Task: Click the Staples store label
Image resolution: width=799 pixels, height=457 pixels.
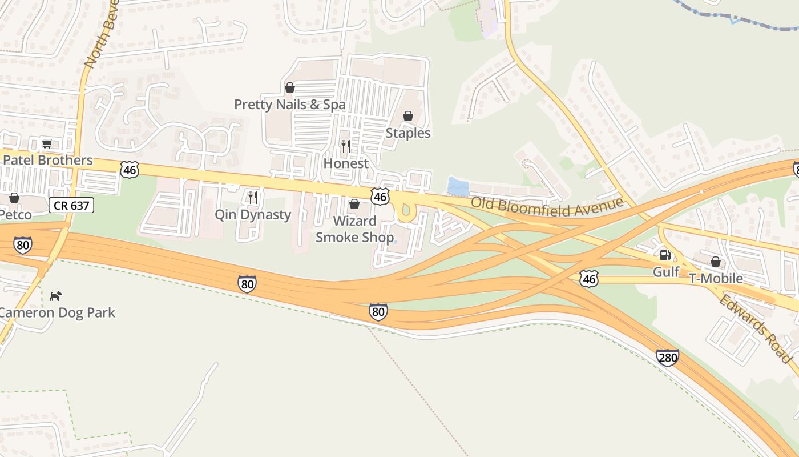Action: click(x=408, y=133)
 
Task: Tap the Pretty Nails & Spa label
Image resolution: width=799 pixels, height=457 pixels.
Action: click(x=290, y=105)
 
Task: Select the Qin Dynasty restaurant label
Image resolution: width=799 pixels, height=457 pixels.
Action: click(x=253, y=215)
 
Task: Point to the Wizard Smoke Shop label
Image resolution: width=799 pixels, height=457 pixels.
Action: click(x=354, y=229)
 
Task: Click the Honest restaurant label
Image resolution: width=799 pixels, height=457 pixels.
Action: click(x=346, y=163)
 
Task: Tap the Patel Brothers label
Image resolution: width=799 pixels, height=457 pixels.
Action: click(x=47, y=160)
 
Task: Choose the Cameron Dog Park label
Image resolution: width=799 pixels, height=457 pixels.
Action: click(x=57, y=312)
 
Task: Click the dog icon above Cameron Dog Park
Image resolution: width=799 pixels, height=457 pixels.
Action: click(x=55, y=296)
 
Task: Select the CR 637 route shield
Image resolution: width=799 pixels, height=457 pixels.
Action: click(x=71, y=205)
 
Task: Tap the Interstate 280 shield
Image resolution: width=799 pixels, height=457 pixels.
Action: click(x=667, y=358)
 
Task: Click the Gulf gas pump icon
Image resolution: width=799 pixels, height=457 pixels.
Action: click(x=665, y=255)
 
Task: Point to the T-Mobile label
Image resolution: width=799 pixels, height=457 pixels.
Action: click(x=716, y=278)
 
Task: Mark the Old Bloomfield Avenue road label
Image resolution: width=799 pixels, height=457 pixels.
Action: click(x=546, y=207)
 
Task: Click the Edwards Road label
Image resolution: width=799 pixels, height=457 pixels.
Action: click(x=755, y=328)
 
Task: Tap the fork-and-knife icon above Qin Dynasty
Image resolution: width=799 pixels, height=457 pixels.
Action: click(x=252, y=198)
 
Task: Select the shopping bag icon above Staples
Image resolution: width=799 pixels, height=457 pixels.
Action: click(x=408, y=117)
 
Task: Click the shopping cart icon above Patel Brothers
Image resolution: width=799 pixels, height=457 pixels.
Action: click(x=47, y=144)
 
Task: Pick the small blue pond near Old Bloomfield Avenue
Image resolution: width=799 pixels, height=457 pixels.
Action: click(x=458, y=186)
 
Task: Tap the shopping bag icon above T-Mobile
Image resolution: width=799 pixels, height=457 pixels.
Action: click(x=716, y=262)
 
